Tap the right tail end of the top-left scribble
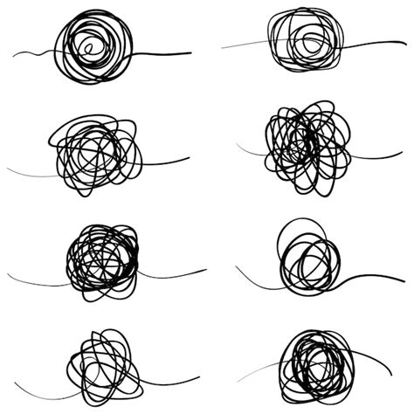click(190, 52)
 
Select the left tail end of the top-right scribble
click(224, 46)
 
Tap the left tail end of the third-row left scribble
click(10, 278)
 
